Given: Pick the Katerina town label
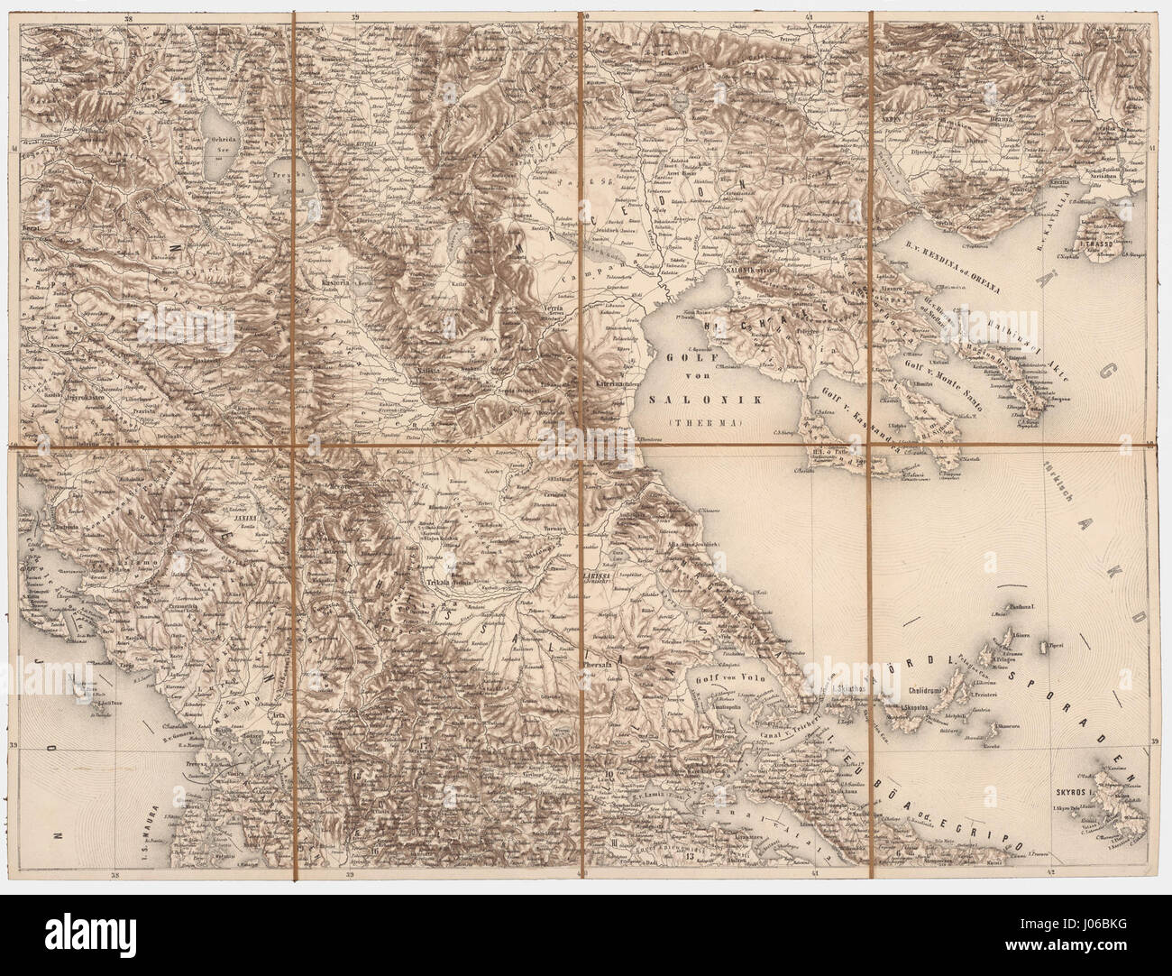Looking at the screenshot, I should pos(608,383).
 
